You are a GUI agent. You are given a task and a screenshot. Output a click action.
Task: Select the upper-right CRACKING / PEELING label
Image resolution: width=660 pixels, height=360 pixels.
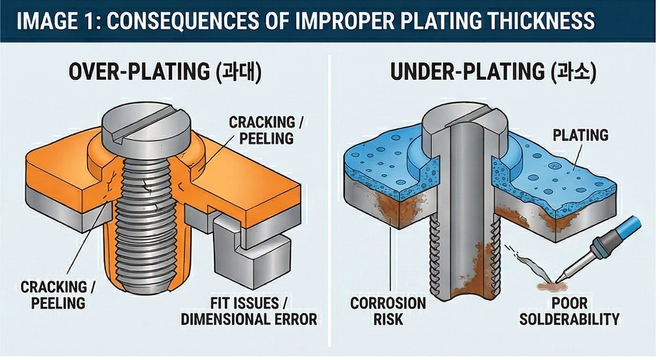(x=262, y=130)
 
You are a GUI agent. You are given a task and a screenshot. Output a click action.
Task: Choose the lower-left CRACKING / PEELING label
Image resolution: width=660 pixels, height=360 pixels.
(x=58, y=294)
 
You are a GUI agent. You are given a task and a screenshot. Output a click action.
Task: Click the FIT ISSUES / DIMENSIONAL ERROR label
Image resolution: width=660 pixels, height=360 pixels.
(x=249, y=310)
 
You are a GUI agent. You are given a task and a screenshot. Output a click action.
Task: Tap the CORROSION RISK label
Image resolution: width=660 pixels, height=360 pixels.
(x=388, y=310)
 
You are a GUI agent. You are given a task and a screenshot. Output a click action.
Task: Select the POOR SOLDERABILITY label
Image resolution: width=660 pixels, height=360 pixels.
(x=569, y=310)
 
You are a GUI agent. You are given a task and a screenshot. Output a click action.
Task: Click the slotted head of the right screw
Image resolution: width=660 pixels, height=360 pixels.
(x=464, y=120)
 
